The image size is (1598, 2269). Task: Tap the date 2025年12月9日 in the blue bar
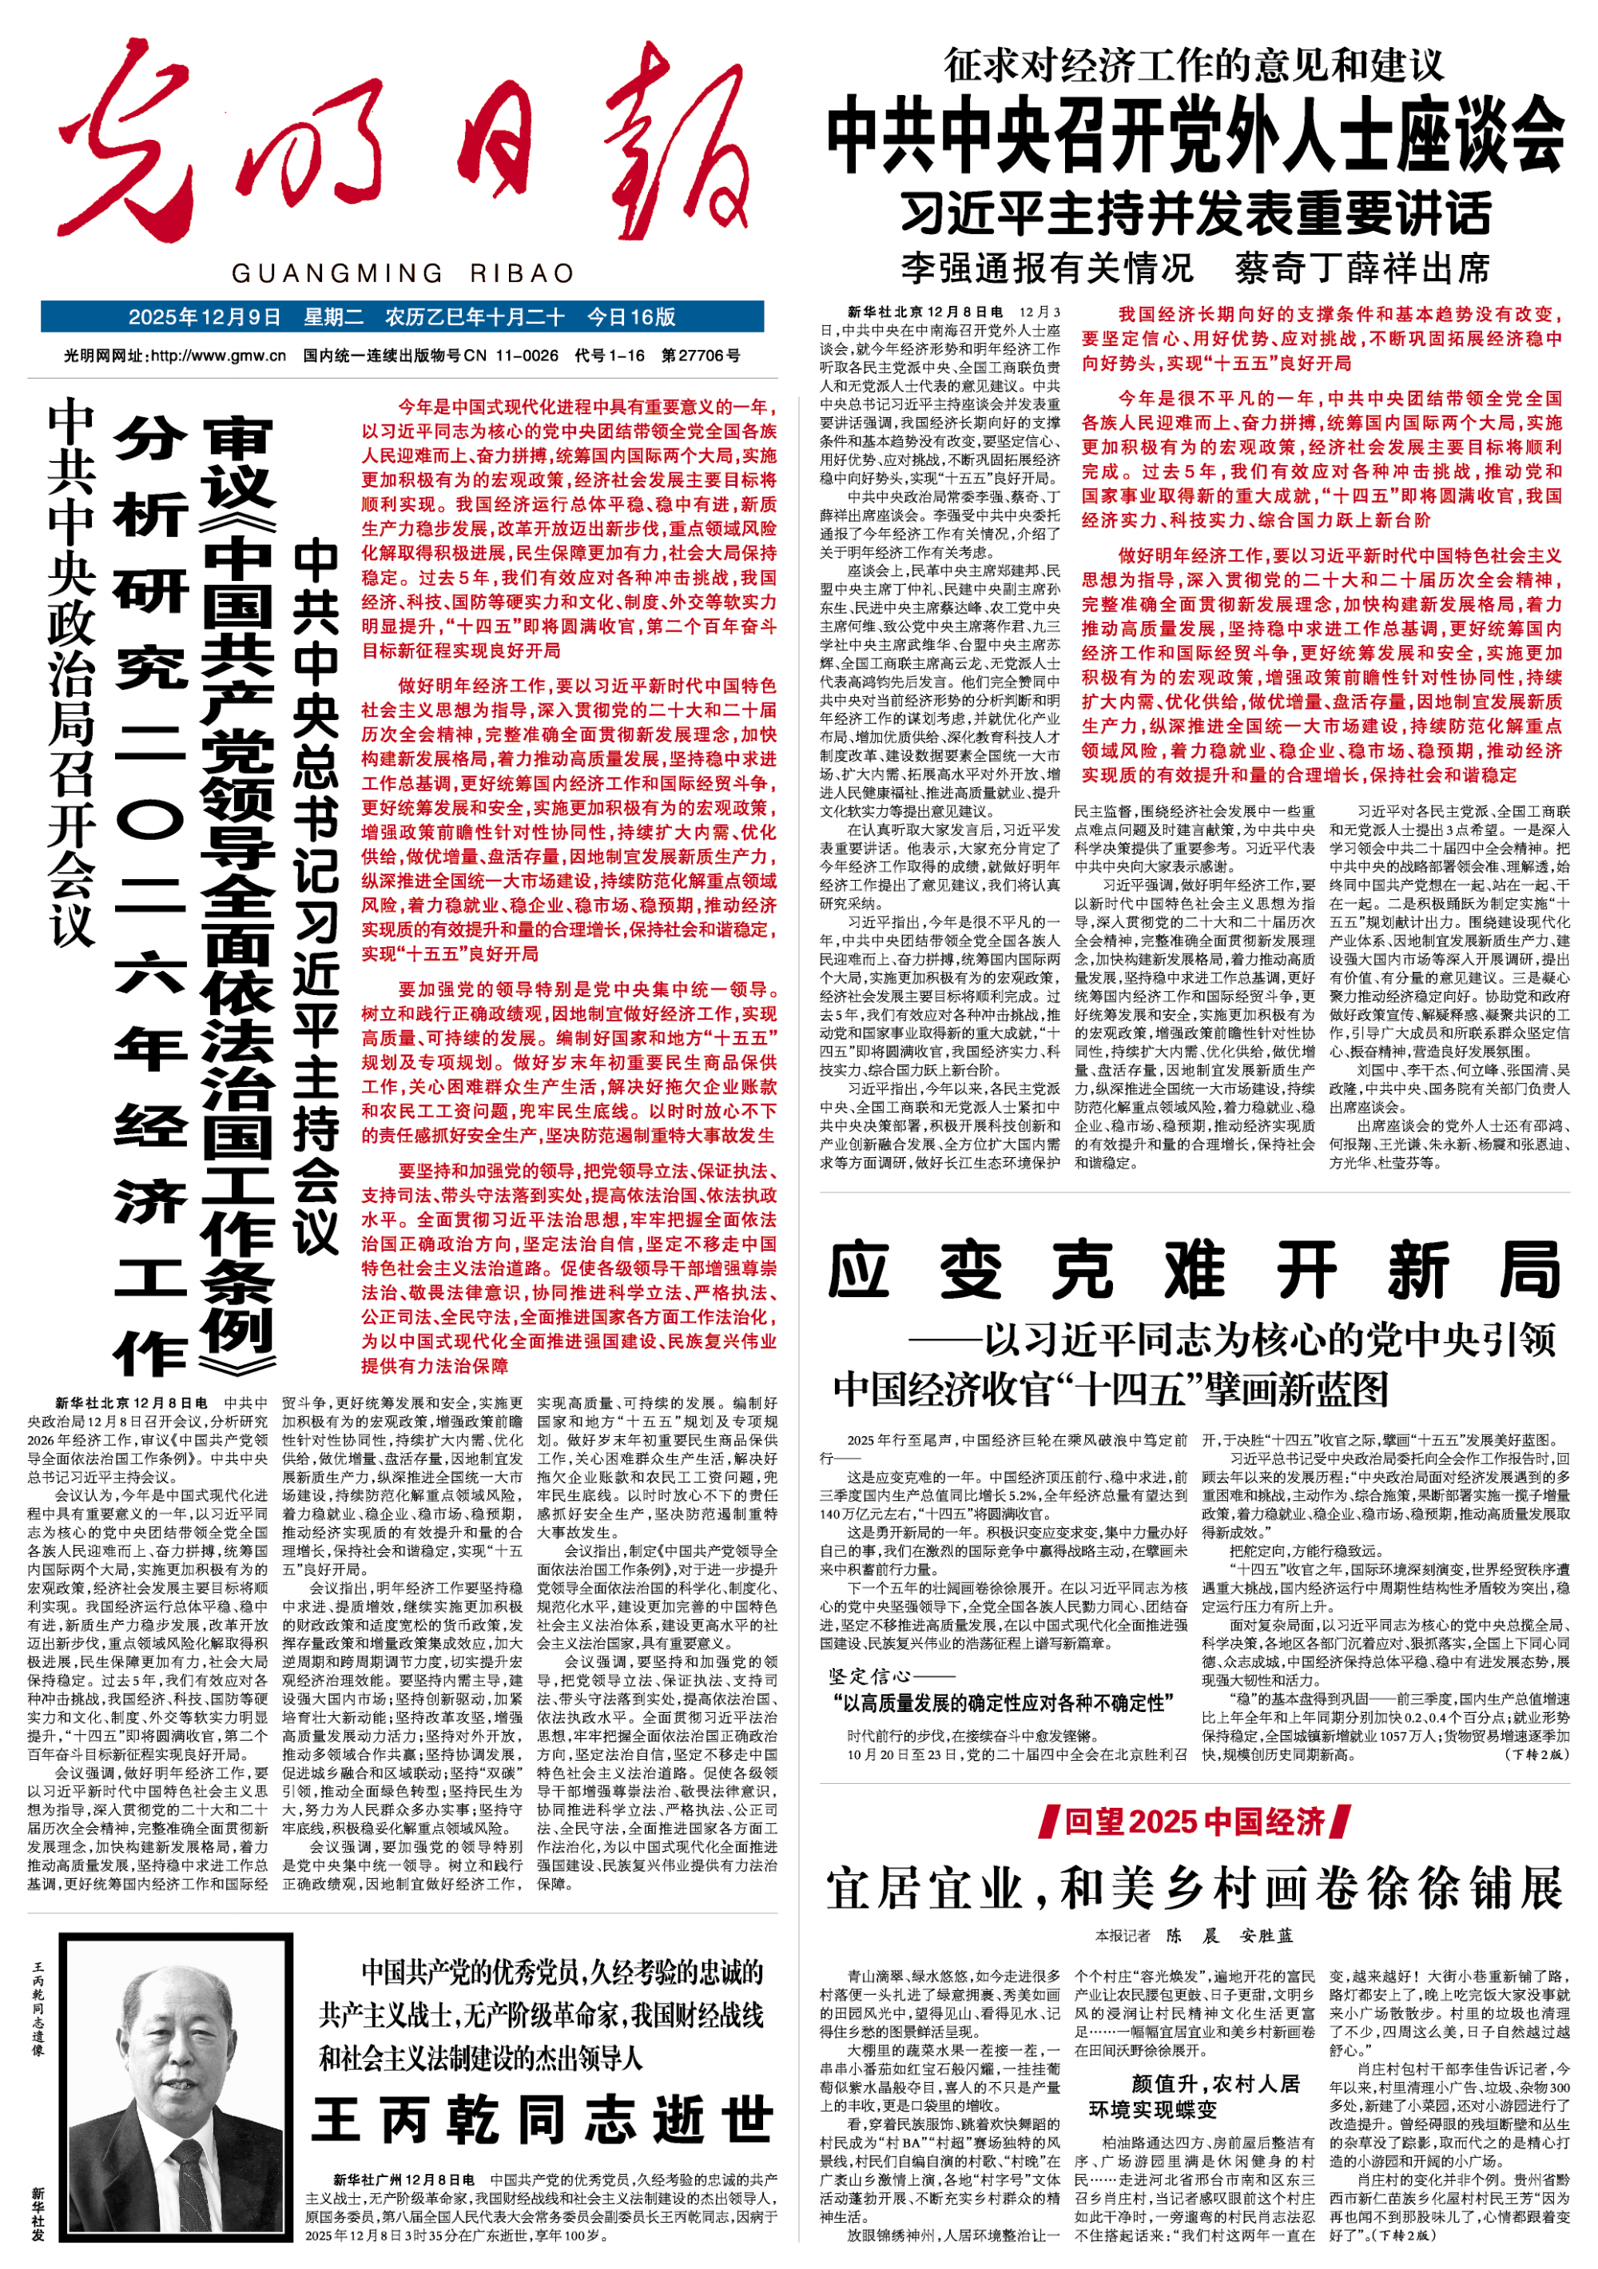click(205, 317)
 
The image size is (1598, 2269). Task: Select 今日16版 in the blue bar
click(631, 317)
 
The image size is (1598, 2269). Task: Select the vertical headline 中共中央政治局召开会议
click(71, 672)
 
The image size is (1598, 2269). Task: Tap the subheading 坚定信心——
click(892, 1676)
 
